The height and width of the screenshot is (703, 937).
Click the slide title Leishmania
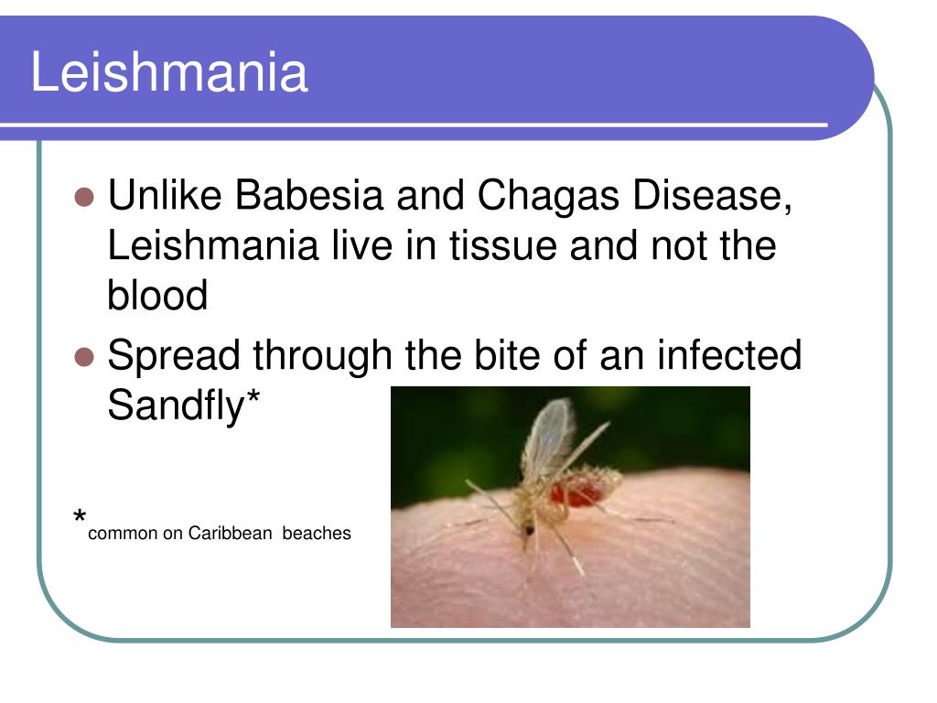(169, 71)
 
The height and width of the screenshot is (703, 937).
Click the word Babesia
(308, 195)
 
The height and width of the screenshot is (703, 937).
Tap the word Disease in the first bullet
(712, 196)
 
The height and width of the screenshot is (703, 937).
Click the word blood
(157, 296)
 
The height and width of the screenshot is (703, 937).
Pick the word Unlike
(165, 195)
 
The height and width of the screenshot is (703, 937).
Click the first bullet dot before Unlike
(84, 197)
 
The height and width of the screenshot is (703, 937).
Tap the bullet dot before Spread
(84, 357)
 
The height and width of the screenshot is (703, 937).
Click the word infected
(729, 355)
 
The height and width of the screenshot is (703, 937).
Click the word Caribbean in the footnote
(230, 533)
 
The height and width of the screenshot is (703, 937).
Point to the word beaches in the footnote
(317, 533)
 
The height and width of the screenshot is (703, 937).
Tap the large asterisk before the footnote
(80, 515)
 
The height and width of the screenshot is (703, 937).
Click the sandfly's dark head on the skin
(528, 529)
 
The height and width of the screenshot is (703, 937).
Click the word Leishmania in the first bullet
(213, 245)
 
